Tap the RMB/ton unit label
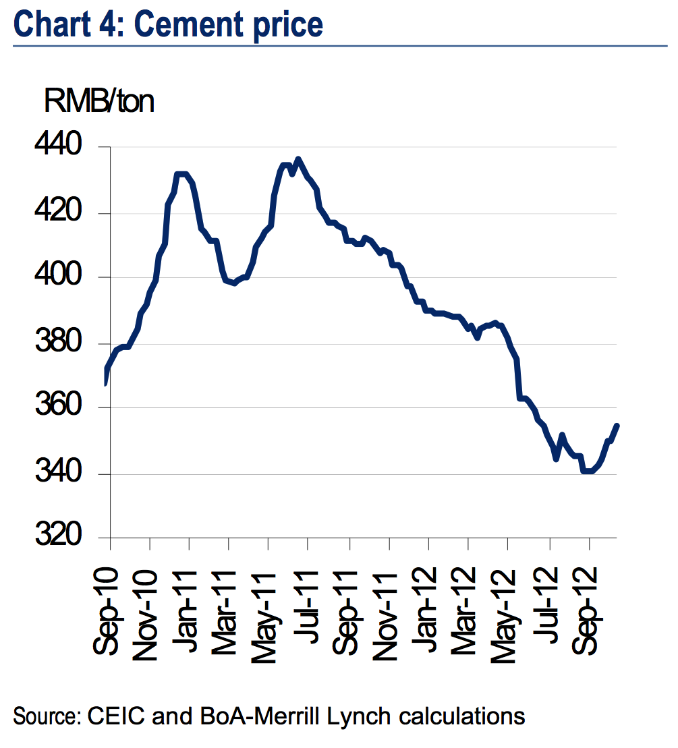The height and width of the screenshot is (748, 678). (x=99, y=102)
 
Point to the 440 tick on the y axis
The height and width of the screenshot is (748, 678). (x=65, y=147)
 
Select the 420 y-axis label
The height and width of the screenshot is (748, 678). (x=65, y=214)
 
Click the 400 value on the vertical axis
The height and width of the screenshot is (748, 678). (x=65, y=277)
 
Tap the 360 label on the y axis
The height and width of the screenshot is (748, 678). (x=65, y=408)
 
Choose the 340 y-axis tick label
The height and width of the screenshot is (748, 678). (x=65, y=474)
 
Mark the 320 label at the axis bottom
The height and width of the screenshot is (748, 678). (x=65, y=538)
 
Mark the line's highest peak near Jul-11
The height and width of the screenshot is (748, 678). (x=298, y=159)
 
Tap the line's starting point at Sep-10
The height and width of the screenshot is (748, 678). (x=106, y=383)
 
